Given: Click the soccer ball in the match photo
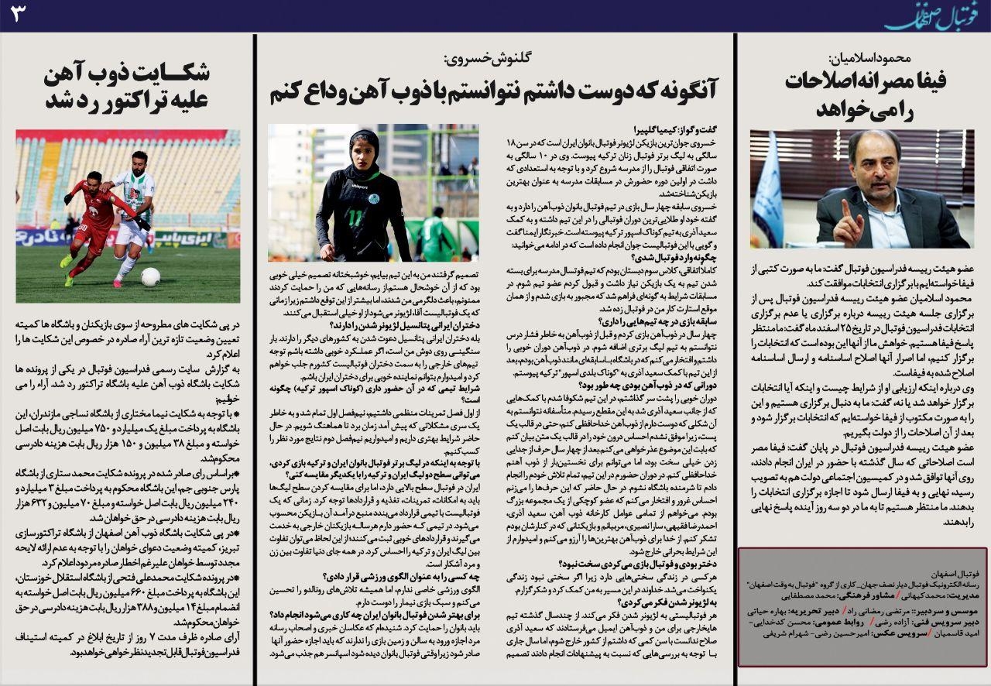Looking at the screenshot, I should tap(150, 276).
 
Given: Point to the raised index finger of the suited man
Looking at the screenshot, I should tap(845, 208).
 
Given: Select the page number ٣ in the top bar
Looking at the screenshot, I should tap(18, 15).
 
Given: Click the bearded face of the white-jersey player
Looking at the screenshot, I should tap(139, 161).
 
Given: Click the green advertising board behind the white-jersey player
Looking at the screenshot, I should tap(194, 236).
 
